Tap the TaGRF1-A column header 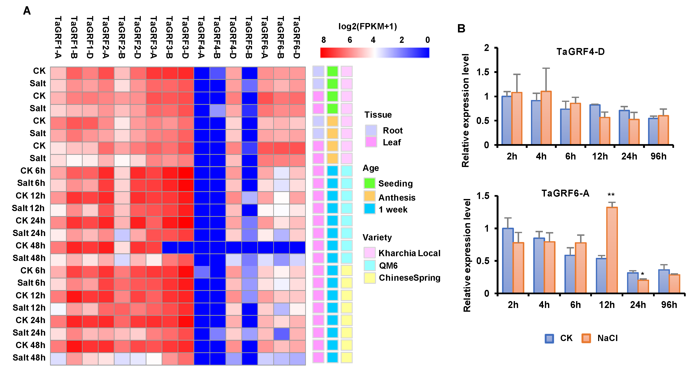(x=58, y=37)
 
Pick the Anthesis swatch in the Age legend (x=370, y=196)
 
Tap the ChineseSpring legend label (x=410, y=278)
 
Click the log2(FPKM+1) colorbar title (x=367, y=26)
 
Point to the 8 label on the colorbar (x=323, y=40)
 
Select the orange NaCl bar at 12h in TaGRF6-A (x=612, y=250)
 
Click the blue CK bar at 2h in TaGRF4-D (x=507, y=120)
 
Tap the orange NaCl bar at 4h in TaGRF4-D (x=546, y=118)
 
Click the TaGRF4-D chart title (x=580, y=52)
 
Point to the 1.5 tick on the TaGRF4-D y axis (x=483, y=72)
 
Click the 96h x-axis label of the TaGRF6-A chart (x=669, y=305)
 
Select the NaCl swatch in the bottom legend (x=586, y=338)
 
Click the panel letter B (x=461, y=28)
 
